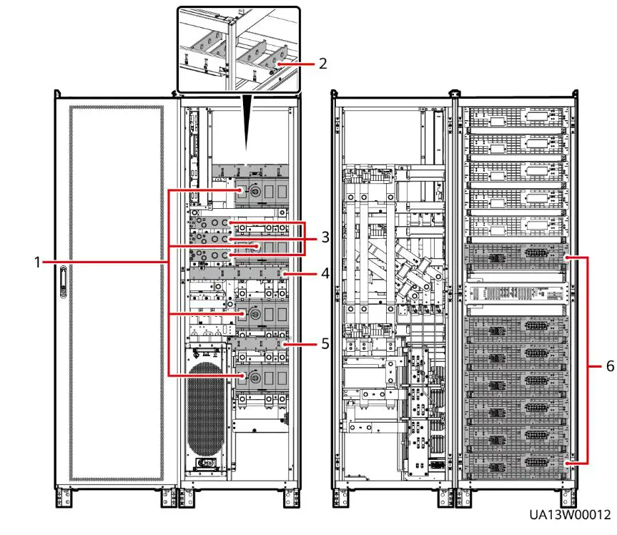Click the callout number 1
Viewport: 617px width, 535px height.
point(38,262)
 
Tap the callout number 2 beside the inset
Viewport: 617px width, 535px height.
point(323,63)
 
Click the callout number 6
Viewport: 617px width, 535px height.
point(609,365)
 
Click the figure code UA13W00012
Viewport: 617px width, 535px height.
point(570,515)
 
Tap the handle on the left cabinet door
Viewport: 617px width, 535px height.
point(63,283)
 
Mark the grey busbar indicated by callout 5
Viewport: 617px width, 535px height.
point(257,344)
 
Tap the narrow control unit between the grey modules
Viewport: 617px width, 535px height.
point(515,293)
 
